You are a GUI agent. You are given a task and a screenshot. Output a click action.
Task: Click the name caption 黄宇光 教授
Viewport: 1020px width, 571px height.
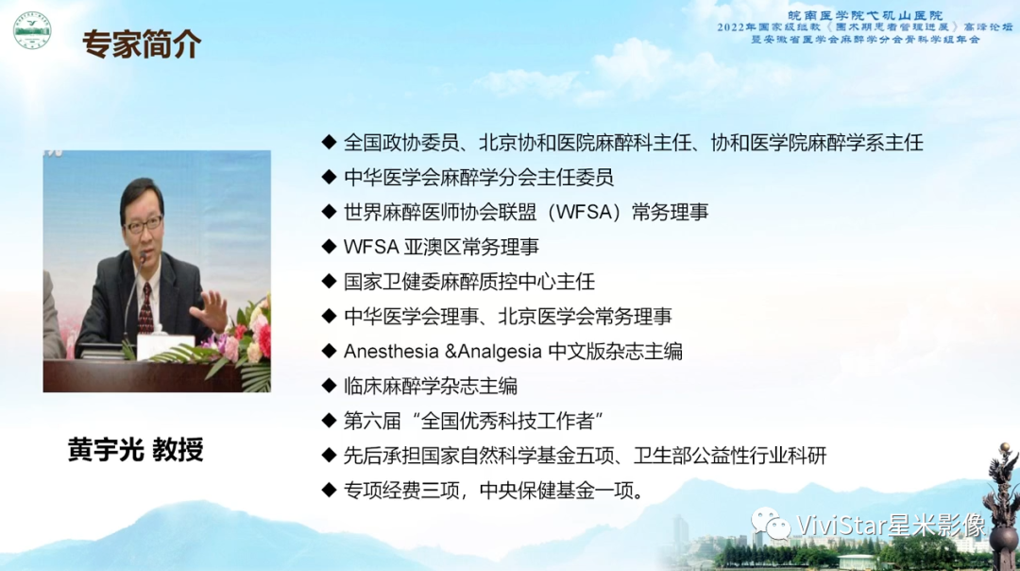[136, 449]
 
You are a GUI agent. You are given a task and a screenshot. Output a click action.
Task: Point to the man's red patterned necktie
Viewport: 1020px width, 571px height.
[145, 306]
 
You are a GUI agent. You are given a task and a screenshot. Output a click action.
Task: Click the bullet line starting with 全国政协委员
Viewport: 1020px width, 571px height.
[633, 143]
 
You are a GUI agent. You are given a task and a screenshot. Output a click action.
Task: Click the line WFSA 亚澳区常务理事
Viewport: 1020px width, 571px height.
[441, 248]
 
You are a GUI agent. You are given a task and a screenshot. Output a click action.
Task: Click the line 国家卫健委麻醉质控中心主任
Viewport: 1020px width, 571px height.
[468, 282]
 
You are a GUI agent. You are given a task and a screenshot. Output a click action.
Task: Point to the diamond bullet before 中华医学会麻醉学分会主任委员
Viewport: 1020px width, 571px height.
[329, 178]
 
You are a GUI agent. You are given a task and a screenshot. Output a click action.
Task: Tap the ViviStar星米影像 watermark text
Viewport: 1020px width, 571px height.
[891, 525]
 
